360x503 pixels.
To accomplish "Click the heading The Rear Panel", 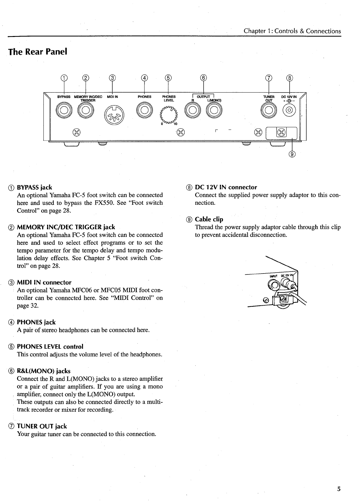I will (38, 52).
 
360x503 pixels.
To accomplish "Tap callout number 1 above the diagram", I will (64, 77).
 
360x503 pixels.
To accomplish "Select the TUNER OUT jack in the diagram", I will (268, 111).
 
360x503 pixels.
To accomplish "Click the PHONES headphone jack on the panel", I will (144, 111).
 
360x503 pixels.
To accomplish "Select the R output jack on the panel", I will (192, 111).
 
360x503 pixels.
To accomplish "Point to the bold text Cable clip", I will (209, 220).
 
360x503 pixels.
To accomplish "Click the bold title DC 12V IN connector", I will (226, 187).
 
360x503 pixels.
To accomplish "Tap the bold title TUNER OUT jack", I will (42, 427).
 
